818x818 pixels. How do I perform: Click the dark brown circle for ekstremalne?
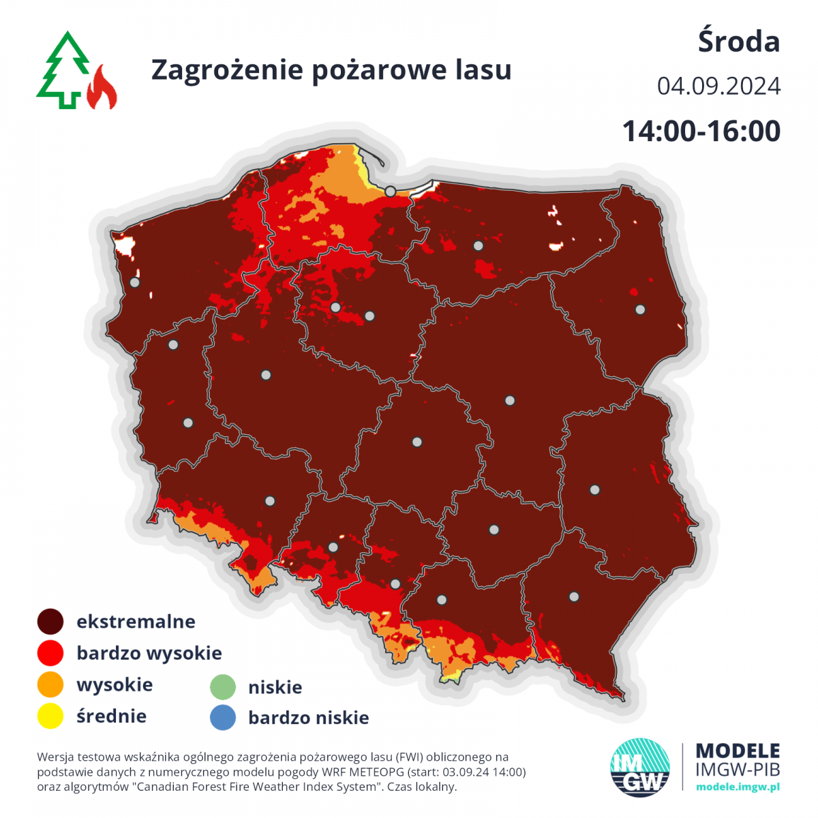(x=50, y=622)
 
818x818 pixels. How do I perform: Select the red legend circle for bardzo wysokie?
(x=50, y=653)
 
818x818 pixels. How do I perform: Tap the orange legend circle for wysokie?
(x=50, y=684)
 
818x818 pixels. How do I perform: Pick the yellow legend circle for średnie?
(x=50, y=716)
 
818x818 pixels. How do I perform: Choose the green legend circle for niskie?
(x=222, y=687)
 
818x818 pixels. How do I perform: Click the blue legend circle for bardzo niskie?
(x=222, y=718)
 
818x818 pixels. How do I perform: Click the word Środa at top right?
(x=738, y=42)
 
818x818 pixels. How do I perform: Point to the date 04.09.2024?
(x=718, y=87)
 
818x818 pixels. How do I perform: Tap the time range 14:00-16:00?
(x=701, y=131)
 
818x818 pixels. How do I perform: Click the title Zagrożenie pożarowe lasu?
(x=331, y=70)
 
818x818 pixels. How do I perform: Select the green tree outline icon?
(x=63, y=70)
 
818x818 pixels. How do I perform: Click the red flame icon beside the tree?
(x=102, y=88)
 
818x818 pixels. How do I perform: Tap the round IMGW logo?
(x=639, y=767)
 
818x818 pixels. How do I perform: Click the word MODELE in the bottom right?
(x=738, y=751)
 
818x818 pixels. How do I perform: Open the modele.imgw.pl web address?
(x=738, y=787)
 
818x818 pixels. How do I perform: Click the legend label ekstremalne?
(x=136, y=622)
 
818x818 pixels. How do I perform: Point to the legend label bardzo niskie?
(x=308, y=718)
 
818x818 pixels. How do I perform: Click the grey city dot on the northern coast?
(x=390, y=192)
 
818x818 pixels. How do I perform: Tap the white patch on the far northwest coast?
(x=125, y=245)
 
